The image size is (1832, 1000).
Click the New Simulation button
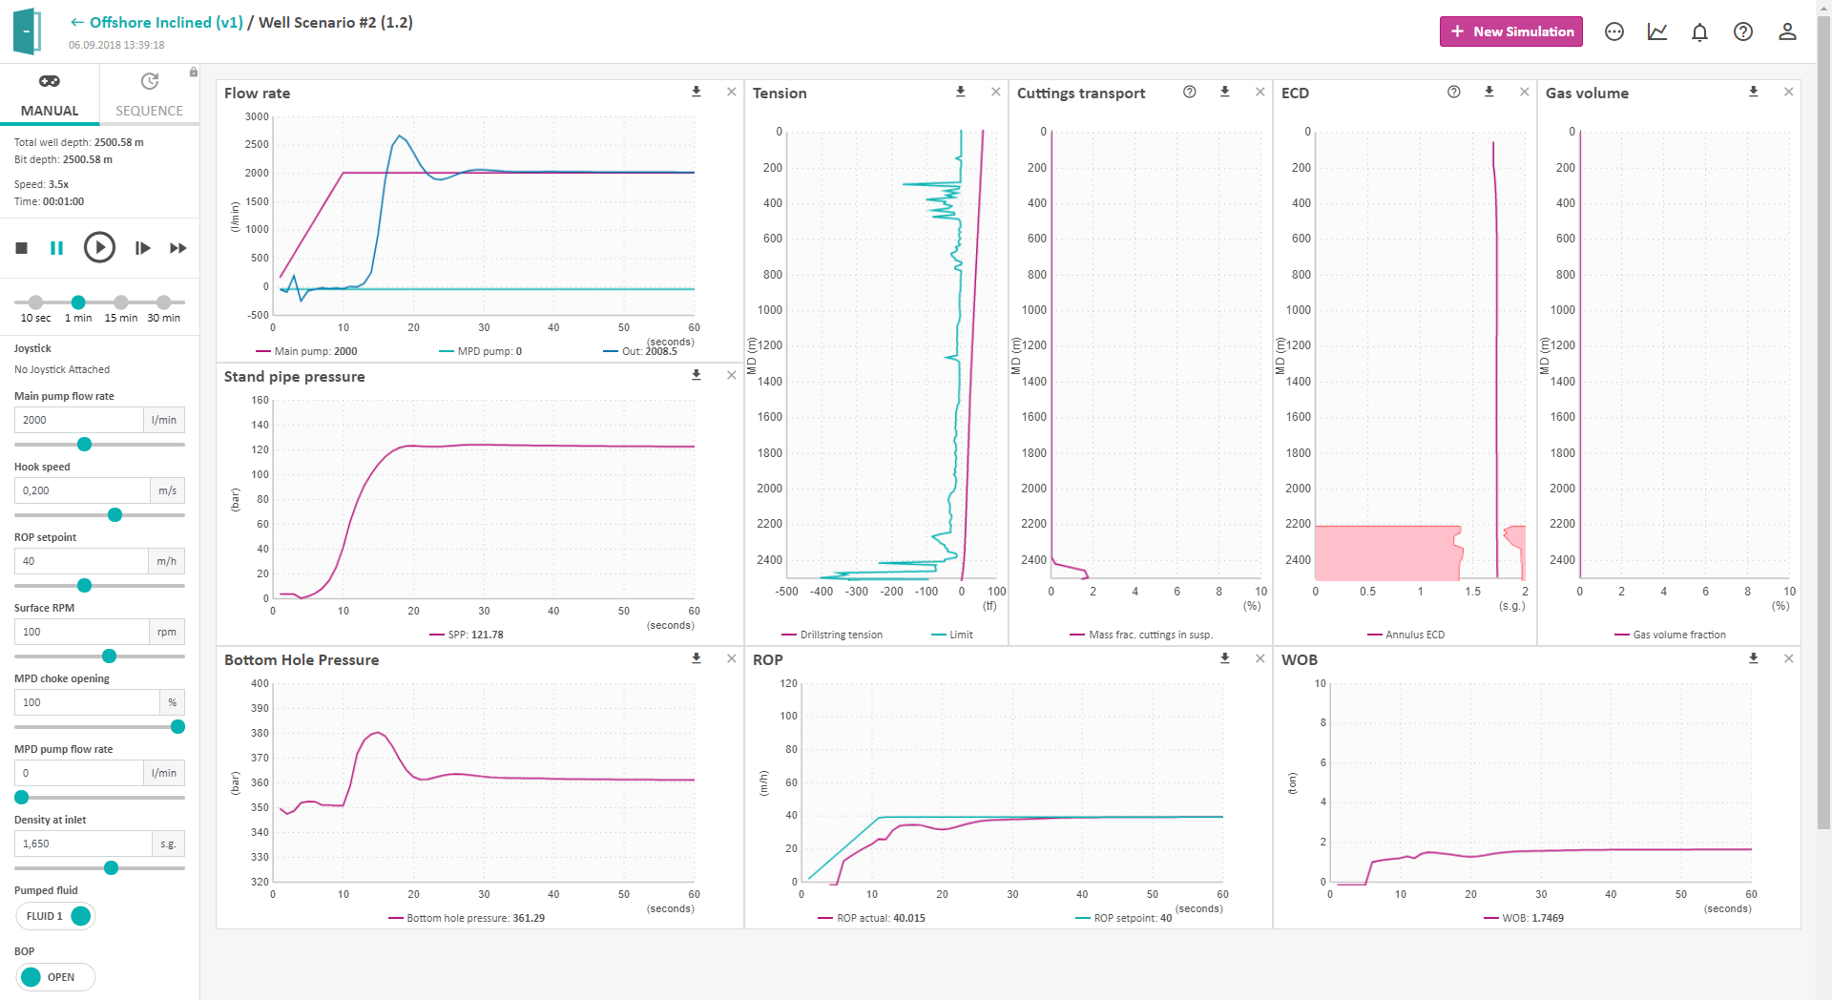[1510, 31]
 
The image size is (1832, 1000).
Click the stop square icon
[22, 248]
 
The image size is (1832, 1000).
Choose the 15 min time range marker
[121, 302]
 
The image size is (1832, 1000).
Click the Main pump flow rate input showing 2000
[79, 420]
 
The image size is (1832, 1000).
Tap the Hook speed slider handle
[115, 515]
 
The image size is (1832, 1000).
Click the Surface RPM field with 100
[81, 632]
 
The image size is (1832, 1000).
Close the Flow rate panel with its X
[732, 92]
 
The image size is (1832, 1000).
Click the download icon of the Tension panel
[961, 92]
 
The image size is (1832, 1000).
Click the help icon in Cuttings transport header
[1190, 92]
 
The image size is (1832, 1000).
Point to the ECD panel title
[1295, 94]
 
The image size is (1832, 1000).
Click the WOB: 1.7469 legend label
[1532, 918]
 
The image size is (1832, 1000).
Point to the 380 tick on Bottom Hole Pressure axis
[260, 733]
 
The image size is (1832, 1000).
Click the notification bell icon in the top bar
[1699, 32]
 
